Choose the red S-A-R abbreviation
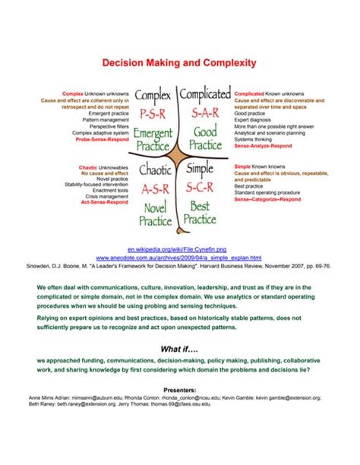tap(205, 115)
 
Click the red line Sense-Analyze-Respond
tap(262, 144)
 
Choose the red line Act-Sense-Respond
tap(106, 202)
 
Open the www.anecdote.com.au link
tap(179, 258)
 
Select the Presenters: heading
tap(179, 389)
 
